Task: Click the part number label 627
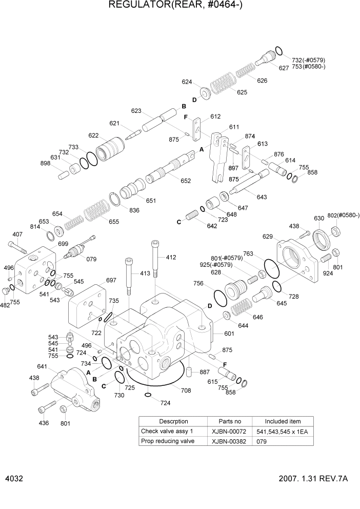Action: (284, 67)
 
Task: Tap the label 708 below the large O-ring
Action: (185, 390)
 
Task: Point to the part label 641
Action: (42, 366)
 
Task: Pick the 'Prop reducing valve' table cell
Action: (168, 441)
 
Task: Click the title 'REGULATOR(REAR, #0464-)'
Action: (179, 6)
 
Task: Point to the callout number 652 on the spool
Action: (185, 180)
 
